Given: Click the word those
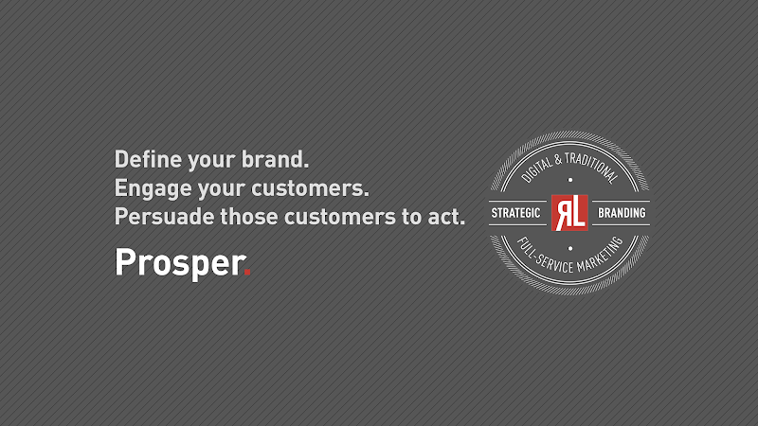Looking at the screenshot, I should (x=249, y=216).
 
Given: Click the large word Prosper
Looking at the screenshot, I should (x=177, y=263).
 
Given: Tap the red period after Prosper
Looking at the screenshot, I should (x=247, y=273).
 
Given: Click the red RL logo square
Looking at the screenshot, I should (x=569, y=213).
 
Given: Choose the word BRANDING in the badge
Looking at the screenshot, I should (x=622, y=213).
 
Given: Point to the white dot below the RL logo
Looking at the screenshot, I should (x=569, y=246).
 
